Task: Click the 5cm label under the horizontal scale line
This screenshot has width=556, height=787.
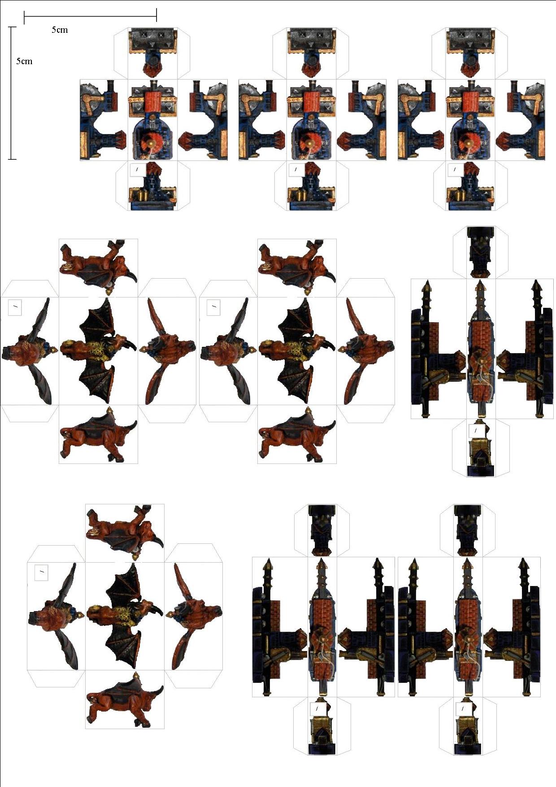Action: [60, 30]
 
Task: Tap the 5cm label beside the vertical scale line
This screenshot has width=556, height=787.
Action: [24, 61]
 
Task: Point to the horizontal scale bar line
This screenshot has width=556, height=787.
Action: [90, 17]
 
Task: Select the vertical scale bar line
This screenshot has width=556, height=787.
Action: [12, 93]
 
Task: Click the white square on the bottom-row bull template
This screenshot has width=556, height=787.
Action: [41, 572]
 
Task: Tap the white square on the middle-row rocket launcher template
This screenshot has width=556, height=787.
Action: [475, 431]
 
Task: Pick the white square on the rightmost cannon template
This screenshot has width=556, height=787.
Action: [455, 170]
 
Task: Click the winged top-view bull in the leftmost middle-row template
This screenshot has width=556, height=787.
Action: [98, 350]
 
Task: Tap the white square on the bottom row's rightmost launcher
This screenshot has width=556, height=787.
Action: [463, 708]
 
